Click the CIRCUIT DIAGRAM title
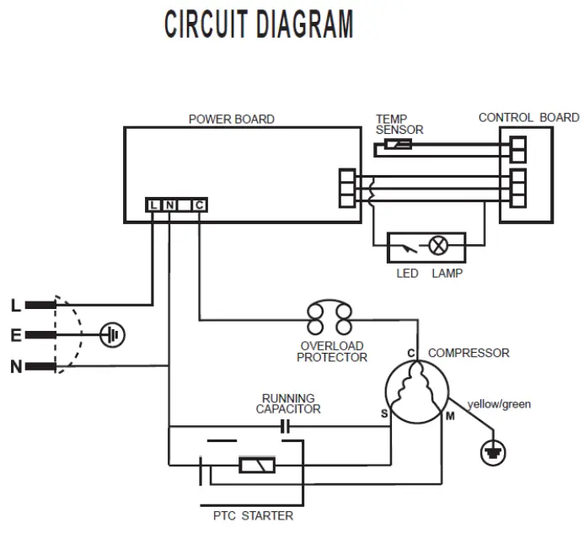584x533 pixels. pyautogui.click(x=259, y=24)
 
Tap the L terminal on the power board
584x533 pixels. pyautogui.click(x=153, y=205)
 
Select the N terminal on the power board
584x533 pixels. pyautogui.click(x=169, y=205)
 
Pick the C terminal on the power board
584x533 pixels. pyautogui.click(x=198, y=205)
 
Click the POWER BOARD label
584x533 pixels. pyautogui.click(x=231, y=119)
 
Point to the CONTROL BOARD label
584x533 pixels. pyautogui.click(x=528, y=117)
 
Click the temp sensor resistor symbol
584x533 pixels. pyautogui.click(x=397, y=145)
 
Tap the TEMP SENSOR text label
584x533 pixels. pyautogui.click(x=399, y=124)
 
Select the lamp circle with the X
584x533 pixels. pyautogui.click(x=438, y=246)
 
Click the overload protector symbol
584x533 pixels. pyautogui.click(x=330, y=320)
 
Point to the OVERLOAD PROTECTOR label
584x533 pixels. pyautogui.click(x=333, y=351)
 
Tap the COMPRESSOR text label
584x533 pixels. pyautogui.click(x=468, y=353)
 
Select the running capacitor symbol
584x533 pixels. pyautogui.click(x=284, y=427)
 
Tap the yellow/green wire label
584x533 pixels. pyautogui.click(x=501, y=404)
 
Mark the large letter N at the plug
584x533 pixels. pyautogui.click(x=16, y=366)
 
